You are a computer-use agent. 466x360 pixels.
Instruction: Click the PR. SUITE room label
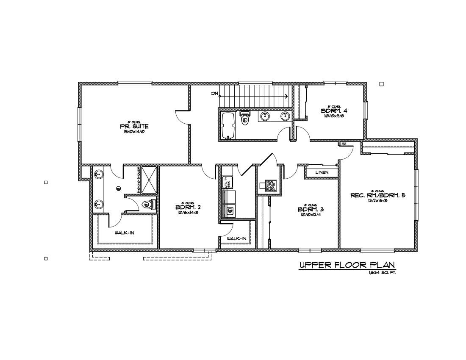[134, 127]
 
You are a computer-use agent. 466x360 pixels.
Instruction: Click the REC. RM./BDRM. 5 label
[378, 195]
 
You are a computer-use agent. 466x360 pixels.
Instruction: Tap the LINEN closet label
[322, 173]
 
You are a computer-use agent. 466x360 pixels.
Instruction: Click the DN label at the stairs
[214, 93]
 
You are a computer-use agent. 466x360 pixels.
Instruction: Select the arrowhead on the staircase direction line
[287, 97]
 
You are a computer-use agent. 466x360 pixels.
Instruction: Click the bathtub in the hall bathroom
[229, 126]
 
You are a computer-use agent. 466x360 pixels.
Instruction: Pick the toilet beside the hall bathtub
[245, 118]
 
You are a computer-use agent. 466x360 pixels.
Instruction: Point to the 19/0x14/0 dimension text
[134, 132]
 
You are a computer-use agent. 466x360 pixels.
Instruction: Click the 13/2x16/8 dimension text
[378, 201]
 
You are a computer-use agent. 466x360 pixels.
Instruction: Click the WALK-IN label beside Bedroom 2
[236, 238]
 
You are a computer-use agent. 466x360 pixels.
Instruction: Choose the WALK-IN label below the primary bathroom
[125, 233]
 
